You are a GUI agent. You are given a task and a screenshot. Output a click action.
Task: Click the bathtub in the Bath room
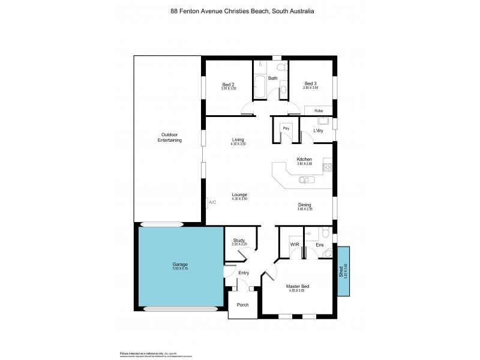260,88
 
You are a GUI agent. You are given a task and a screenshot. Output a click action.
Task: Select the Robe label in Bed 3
319,111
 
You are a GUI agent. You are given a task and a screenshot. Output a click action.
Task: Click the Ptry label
286,128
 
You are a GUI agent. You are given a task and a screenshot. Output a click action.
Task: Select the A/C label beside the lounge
212,202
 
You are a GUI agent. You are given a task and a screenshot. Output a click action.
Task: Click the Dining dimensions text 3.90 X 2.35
305,209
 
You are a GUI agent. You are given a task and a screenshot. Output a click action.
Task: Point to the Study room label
239,240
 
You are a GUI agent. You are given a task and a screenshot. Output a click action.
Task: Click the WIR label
295,245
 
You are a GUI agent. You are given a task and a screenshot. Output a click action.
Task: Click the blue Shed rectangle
344,271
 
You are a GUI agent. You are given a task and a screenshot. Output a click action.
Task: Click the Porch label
243,305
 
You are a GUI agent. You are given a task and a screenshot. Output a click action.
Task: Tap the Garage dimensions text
181,269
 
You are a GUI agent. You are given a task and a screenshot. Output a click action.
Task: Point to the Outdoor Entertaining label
169,137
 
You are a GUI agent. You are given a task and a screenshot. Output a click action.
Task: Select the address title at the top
242,11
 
